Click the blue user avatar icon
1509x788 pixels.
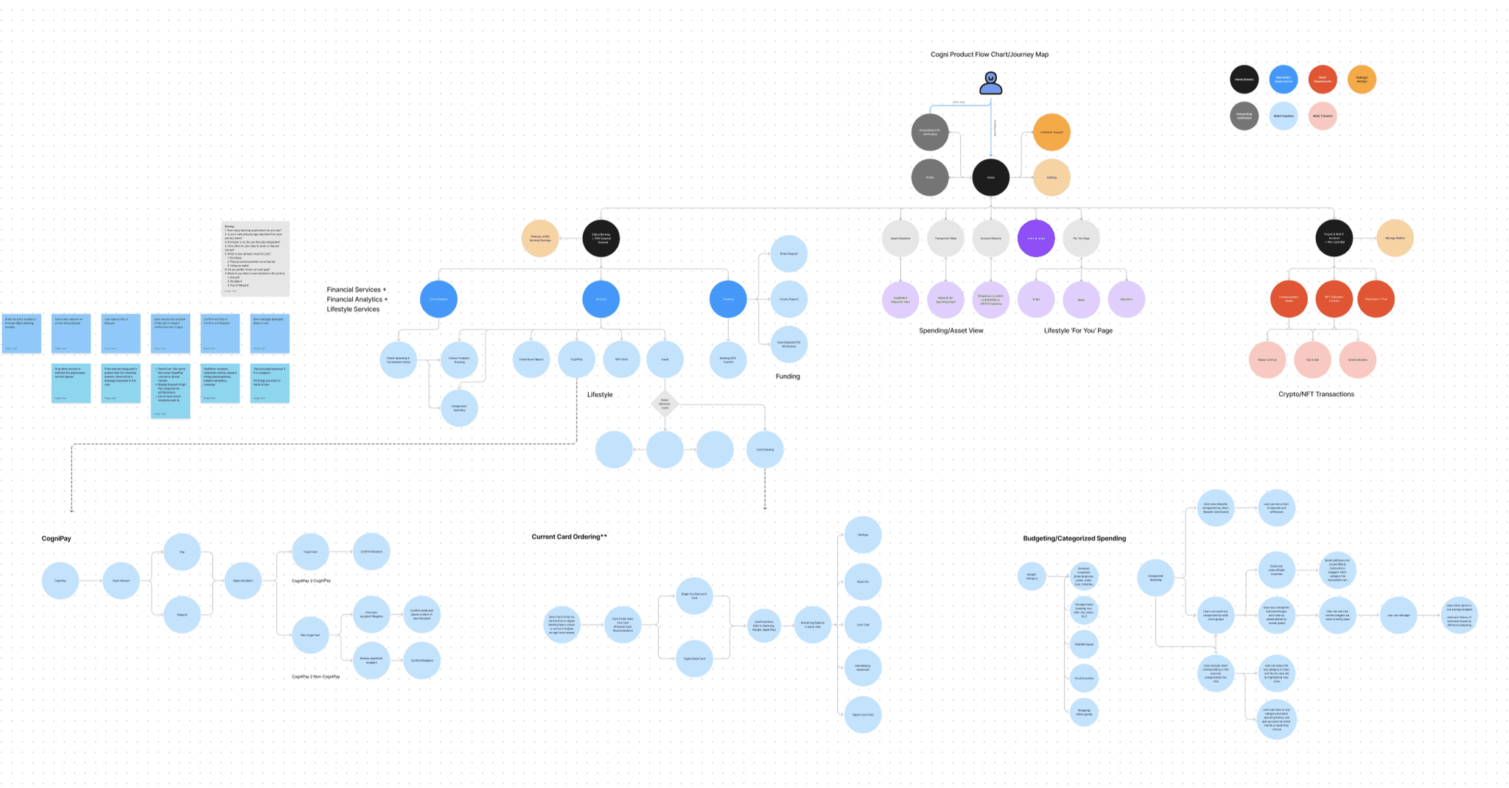click(990, 83)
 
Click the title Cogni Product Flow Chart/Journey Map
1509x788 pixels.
click(989, 54)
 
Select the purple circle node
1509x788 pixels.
click(1036, 238)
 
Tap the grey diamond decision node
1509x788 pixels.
click(665, 404)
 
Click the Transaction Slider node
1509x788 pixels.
click(945, 238)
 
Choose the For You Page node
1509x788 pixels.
click(1081, 238)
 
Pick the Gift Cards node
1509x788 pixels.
click(621, 359)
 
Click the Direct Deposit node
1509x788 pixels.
click(788, 254)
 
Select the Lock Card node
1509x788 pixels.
click(863, 625)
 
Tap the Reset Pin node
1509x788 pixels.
click(863, 582)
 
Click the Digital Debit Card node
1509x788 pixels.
click(694, 659)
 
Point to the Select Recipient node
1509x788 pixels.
click(242, 581)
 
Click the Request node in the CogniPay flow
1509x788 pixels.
click(182, 615)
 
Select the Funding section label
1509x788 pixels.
click(788, 376)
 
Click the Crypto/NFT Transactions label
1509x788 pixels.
click(1316, 394)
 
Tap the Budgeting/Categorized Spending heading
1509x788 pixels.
click(1074, 538)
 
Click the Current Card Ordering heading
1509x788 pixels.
click(569, 537)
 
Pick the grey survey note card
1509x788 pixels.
click(255, 258)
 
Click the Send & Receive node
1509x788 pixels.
click(1357, 359)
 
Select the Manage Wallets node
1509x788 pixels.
click(1395, 238)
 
